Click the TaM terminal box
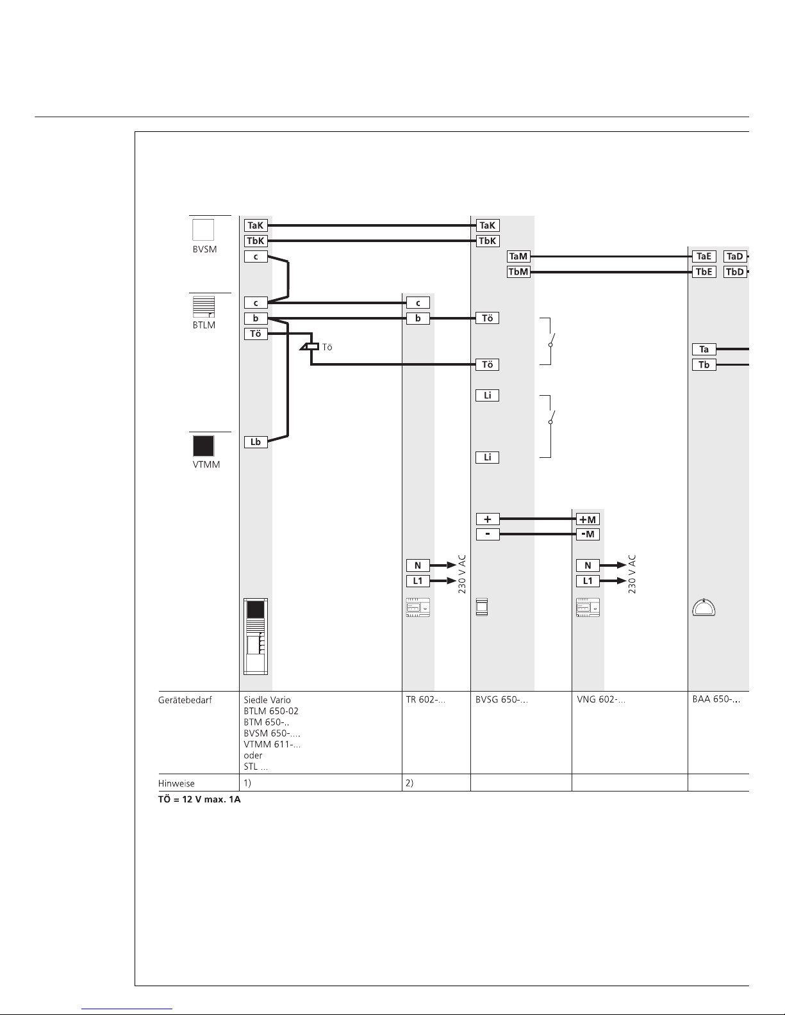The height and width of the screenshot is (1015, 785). coord(518,257)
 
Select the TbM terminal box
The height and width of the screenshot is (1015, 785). coord(518,272)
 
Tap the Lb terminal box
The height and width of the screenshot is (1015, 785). coord(256,442)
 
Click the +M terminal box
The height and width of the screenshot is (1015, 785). coord(588,519)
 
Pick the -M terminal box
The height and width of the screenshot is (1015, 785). coord(588,535)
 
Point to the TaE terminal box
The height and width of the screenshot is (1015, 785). coord(704,257)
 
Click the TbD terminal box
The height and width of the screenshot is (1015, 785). coord(734,272)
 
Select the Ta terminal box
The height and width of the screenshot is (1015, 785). coord(704,350)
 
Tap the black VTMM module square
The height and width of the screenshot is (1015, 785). coord(204,446)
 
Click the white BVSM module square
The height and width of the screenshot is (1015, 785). coord(204,230)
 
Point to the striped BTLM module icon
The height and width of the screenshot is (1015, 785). coord(204,306)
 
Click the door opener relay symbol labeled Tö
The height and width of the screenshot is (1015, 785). coord(311,346)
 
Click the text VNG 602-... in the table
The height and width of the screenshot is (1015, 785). coord(601,700)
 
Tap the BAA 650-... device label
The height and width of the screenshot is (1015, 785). coord(716,700)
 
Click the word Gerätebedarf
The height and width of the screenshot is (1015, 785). coord(185,700)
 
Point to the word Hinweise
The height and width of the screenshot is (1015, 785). coord(176,783)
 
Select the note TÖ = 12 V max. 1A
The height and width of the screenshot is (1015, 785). coord(199,801)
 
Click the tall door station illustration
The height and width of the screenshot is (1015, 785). coord(256,637)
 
